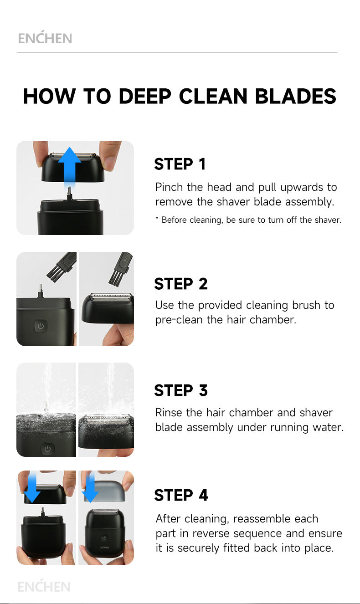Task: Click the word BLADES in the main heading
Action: pyautogui.click(x=296, y=96)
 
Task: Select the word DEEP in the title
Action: pyautogui.click(x=145, y=96)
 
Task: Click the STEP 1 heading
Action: pyautogui.click(x=180, y=164)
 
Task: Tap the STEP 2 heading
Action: pyautogui.click(x=181, y=284)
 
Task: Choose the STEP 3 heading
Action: pyautogui.click(x=181, y=390)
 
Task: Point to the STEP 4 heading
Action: pyautogui.click(x=181, y=495)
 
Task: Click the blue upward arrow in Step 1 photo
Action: pyautogui.click(x=69, y=167)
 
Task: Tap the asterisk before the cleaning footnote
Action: pyautogui.click(x=157, y=218)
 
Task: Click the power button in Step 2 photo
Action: pyautogui.click(x=41, y=326)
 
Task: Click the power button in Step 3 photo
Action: pyautogui.click(x=47, y=449)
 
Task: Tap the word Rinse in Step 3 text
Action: pyautogui.click(x=169, y=413)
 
